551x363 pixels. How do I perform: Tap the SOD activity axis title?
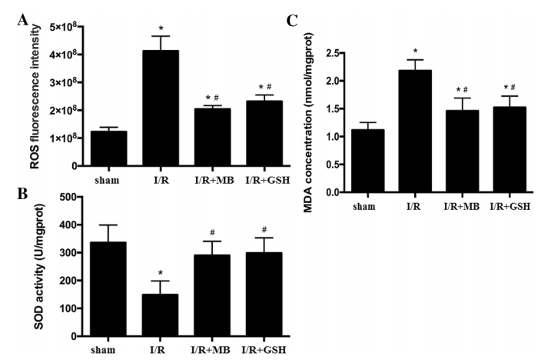35,266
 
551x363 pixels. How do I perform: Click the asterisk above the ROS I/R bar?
160,28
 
